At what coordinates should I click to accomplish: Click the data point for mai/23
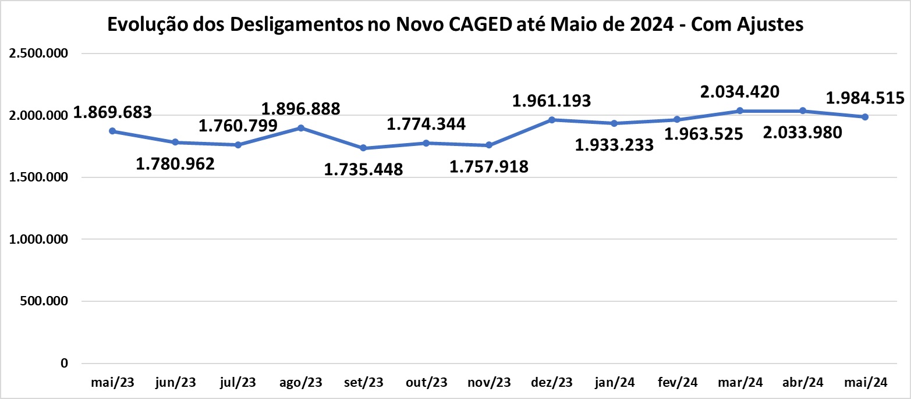(112, 131)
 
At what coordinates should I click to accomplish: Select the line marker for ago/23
(301, 127)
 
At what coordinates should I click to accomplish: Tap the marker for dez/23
(552, 120)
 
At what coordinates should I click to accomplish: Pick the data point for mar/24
(740, 111)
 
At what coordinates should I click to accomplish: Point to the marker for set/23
(364, 148)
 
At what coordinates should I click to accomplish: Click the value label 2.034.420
(740, 91)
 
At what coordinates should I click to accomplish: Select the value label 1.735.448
(363, 169)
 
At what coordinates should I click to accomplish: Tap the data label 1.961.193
(551, 101)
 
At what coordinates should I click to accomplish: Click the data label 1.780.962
(175, 164)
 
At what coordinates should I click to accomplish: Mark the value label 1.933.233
(614, 145)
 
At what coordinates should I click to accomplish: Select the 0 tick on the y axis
(65, 364)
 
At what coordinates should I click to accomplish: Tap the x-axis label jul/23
(238, 382)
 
